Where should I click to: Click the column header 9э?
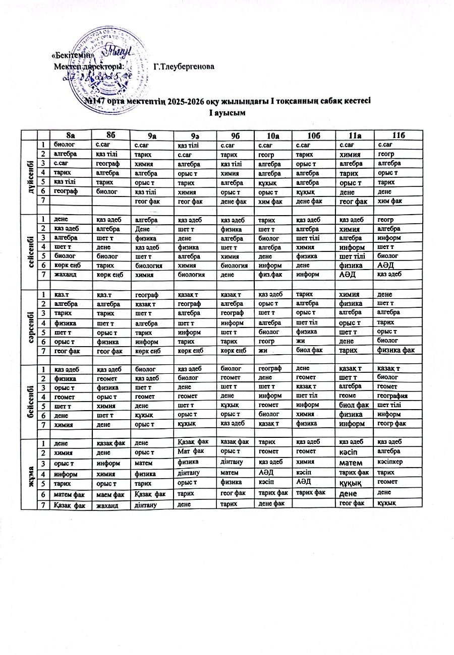(x=193, y=135)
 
